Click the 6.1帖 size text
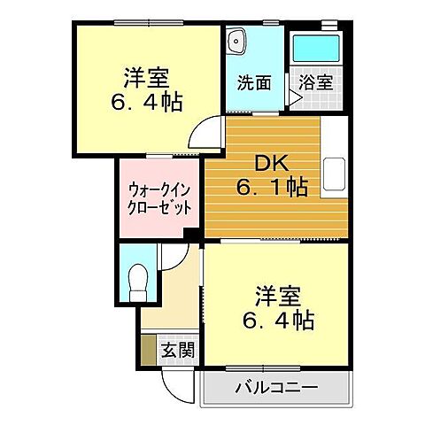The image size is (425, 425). coord(271,188)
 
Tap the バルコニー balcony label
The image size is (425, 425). coord(278,387)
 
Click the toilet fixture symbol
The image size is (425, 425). coord(137,282)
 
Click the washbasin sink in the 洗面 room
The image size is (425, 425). coord(236,41)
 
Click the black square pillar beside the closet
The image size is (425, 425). coord(189,234)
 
